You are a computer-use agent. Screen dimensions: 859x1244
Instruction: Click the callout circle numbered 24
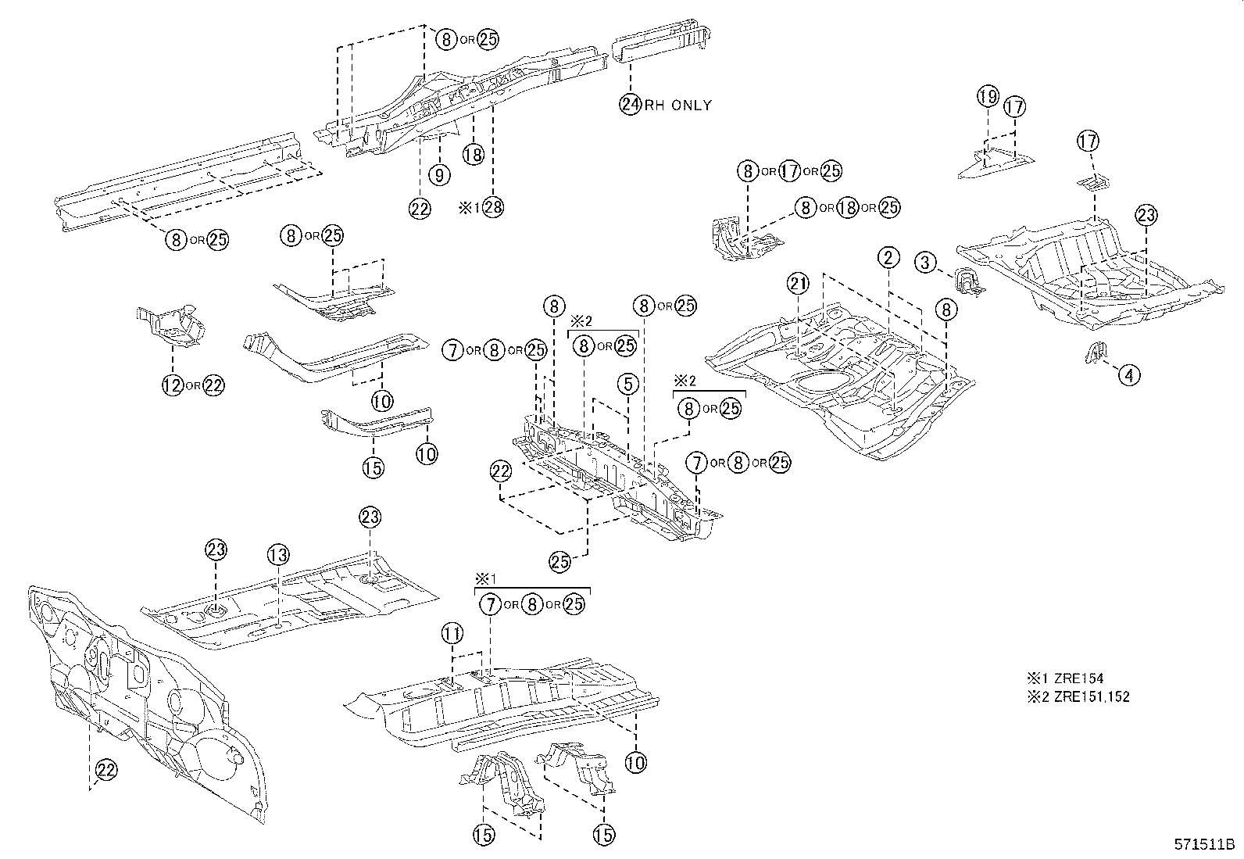631,104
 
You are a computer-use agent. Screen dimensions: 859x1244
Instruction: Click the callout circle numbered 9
440,175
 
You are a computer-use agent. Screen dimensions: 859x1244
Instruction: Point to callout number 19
988,97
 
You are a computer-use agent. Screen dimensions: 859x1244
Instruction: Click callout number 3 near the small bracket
926,262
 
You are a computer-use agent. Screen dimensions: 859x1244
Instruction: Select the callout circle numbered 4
1128,375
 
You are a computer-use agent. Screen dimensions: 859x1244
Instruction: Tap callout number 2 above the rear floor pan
889,257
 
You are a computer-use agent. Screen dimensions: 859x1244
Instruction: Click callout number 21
798,285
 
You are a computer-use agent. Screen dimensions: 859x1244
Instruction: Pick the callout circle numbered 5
627,384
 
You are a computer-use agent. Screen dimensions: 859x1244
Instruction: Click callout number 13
278,556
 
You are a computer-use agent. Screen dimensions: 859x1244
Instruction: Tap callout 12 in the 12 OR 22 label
172,385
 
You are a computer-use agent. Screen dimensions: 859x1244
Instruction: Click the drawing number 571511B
1204,845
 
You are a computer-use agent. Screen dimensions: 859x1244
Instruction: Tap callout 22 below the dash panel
106,771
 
